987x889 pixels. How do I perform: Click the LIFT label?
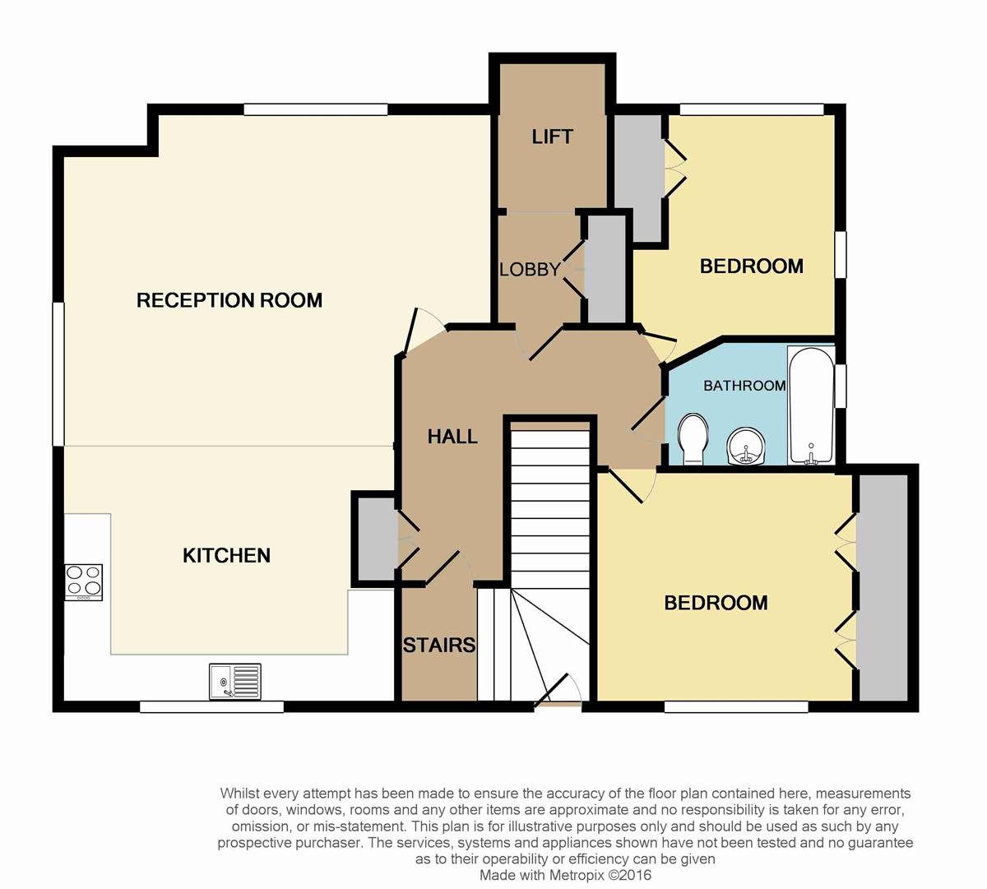point(552,137)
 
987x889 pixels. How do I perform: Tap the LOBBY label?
point(530,269)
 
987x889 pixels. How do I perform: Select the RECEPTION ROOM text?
point(229,300)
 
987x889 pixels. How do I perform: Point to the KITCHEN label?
point(226,555)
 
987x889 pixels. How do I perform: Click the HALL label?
point(452,437)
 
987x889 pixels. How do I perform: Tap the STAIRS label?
point(439,645)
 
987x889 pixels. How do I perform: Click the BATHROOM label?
point(744,385)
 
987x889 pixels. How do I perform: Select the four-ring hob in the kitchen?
point(84,582)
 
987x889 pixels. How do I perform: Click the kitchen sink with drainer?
point(235,682)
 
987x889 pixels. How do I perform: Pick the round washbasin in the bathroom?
point(746,447)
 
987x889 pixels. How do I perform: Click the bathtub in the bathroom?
point(811,405)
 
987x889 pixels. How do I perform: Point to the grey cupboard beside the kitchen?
point(377,539)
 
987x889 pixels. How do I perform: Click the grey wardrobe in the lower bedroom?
point(883,587)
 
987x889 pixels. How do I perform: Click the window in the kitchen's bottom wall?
point(211,707)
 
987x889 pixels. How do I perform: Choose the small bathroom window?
point(841,386)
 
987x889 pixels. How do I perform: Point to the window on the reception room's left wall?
point(58,374)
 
